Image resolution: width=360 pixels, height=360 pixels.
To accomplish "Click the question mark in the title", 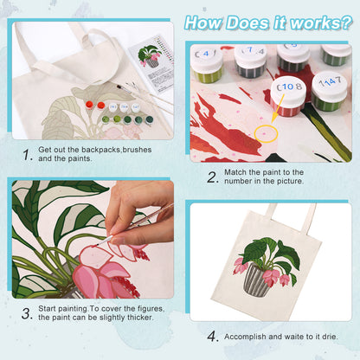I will coord(344,23).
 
